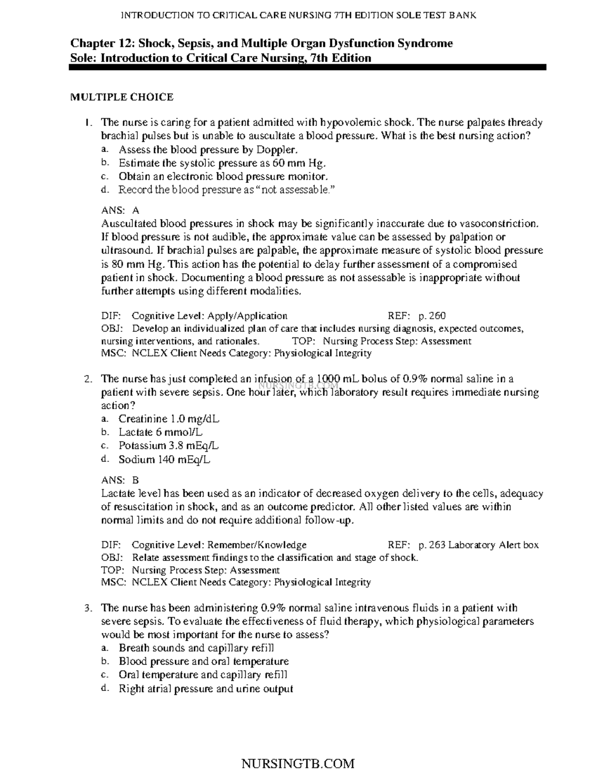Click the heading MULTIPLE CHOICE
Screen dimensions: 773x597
pos(121,97)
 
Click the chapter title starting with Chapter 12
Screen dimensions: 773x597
pos(261,43)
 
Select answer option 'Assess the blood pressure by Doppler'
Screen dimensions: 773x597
pos(208,149)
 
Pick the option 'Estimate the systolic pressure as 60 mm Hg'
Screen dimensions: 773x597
pos(222,163)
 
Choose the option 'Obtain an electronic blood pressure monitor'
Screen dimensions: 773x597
pos(223,176)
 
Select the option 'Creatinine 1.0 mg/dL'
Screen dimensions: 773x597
pos(169,419)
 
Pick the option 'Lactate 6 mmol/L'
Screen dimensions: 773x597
pos(160,433)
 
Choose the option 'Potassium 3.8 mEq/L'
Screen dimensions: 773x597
pos(168,446)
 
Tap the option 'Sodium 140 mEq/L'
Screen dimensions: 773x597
pos(164,460)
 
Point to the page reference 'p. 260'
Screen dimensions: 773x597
pos(432,316)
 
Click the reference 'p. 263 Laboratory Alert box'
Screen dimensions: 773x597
pos(478,545)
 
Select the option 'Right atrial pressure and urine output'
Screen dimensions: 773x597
pos(205,689)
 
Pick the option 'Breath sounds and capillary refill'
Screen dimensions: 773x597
pos(196,648)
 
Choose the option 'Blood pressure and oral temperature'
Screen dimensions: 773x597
pos(203,662)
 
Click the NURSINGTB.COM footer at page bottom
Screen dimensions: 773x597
pos(298,764)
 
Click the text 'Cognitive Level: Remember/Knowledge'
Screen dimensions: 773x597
pos(219,545)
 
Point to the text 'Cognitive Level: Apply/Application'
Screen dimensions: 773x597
pos(209,316)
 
